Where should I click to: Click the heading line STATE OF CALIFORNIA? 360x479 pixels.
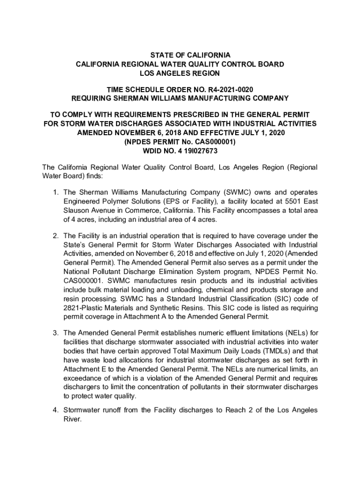click(x=180, y=55)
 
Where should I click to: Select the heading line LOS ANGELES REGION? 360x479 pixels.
click(x=180, y=73)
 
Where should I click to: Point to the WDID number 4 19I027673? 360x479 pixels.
click(x=195, y=151)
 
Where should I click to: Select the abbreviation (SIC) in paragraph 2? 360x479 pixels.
click(x=284, y=299)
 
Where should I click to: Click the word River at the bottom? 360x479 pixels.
click(x=72, y=419)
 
